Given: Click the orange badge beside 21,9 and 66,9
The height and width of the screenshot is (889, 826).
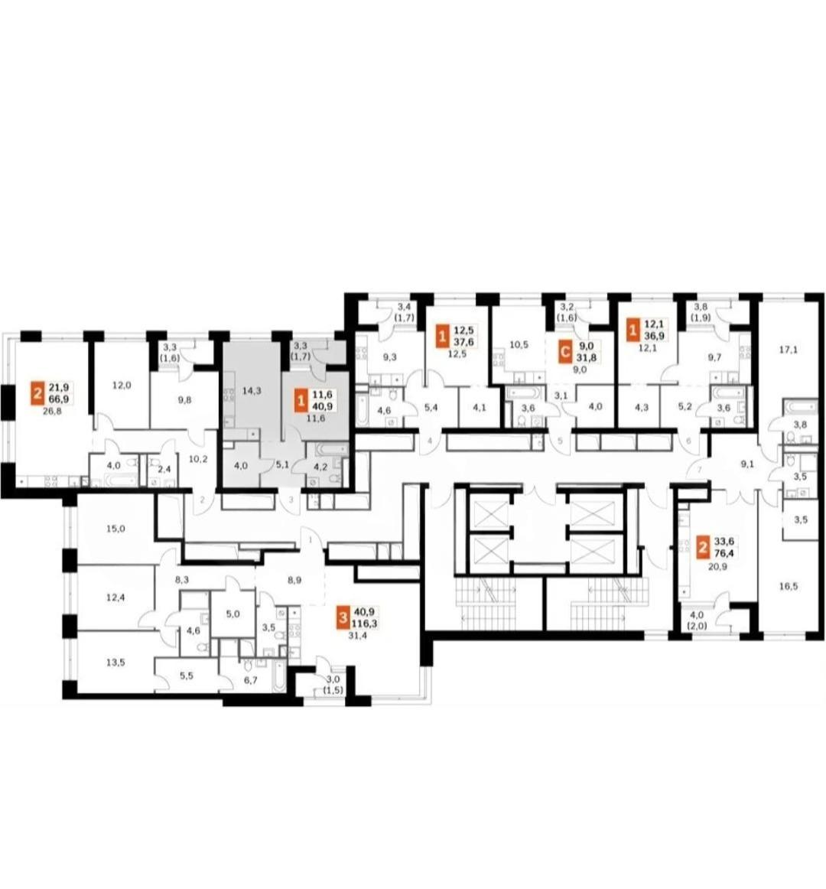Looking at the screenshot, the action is coord(37,392).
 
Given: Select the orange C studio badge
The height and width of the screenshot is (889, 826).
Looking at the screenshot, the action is coord(564,352).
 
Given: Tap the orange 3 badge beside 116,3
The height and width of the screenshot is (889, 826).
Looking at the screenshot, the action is coord(343,617).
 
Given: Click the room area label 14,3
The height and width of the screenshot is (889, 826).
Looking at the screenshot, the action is coord(251,390).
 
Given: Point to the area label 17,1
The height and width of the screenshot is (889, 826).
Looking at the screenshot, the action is coord(788,350).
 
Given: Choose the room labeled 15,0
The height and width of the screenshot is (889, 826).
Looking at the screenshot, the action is coord(115,529).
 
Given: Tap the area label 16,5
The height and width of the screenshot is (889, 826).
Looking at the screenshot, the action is coord(788,586).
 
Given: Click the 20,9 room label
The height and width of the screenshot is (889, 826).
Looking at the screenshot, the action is coord(717,566).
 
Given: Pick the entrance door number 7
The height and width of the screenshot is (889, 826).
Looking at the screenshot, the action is coord(700,470).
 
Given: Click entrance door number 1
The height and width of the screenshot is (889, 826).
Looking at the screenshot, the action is coord(311,540).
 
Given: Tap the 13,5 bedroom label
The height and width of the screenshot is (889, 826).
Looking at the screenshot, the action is coord(115,663).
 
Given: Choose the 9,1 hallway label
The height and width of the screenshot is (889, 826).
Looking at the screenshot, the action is coord(748,463).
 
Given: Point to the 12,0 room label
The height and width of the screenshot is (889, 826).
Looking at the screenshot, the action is coord(122,385).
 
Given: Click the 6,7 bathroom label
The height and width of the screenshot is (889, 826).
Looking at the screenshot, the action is coord(250,680).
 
